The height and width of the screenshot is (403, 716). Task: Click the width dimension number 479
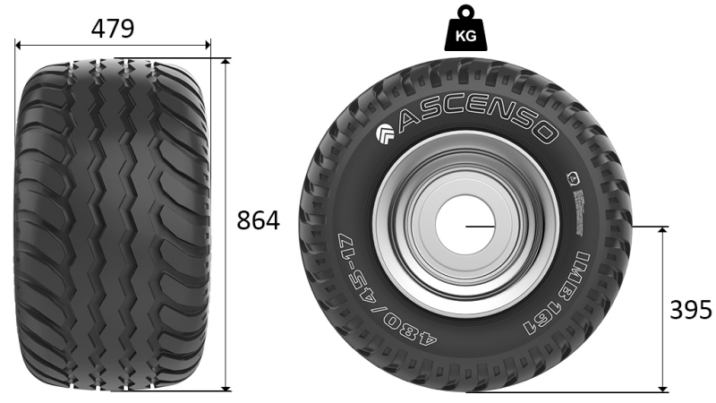113,28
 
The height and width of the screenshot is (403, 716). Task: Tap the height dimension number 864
258,220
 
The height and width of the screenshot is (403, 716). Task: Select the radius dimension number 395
691,310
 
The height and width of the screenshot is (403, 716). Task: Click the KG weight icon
465,30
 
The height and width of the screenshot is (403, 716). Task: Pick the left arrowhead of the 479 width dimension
19,42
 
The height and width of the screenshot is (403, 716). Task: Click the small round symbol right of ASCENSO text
568,175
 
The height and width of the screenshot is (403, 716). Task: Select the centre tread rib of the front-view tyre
114,224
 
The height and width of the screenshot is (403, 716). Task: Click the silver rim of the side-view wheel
394,260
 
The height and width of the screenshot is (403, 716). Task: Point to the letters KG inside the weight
465,37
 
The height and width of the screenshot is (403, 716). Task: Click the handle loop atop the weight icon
465,12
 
